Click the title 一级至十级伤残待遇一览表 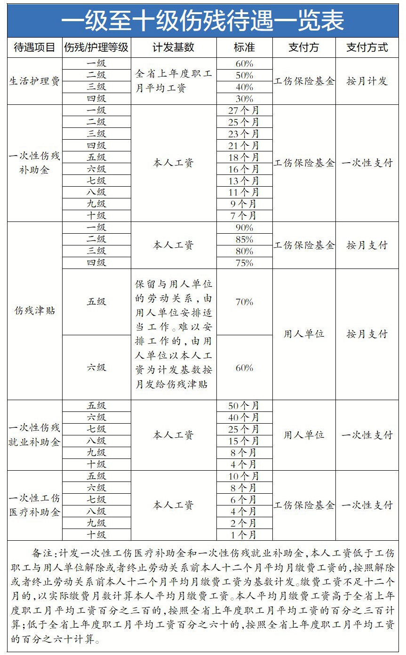click(x=203, y=21)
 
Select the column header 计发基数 click(x=173, y=47)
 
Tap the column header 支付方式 click(x=367, y=47)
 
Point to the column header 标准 click(x=244, y=47)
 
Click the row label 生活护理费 click(x=35, y=81)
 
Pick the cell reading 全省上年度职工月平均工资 click(x=174, y=81)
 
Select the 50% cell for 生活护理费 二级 click(x=244, y=75)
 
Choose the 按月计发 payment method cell click(x=367, y=81)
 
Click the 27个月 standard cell click(x=244, y=110)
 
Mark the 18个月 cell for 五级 click(x=244, y=157)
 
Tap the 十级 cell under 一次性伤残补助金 click(x=96, y=216)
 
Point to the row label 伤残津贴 click(x=35, y=311)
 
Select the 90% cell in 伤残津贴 click(x=244, y=228)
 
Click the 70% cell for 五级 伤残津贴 click(x=244, y=302)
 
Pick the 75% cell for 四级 click(x=244, y=263)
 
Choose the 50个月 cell click(x=244, y=406)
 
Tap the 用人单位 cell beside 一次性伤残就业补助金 click(x=304, y=435)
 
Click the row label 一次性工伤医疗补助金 click(x=35, y=505)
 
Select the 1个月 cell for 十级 click(x=244, y=535)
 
